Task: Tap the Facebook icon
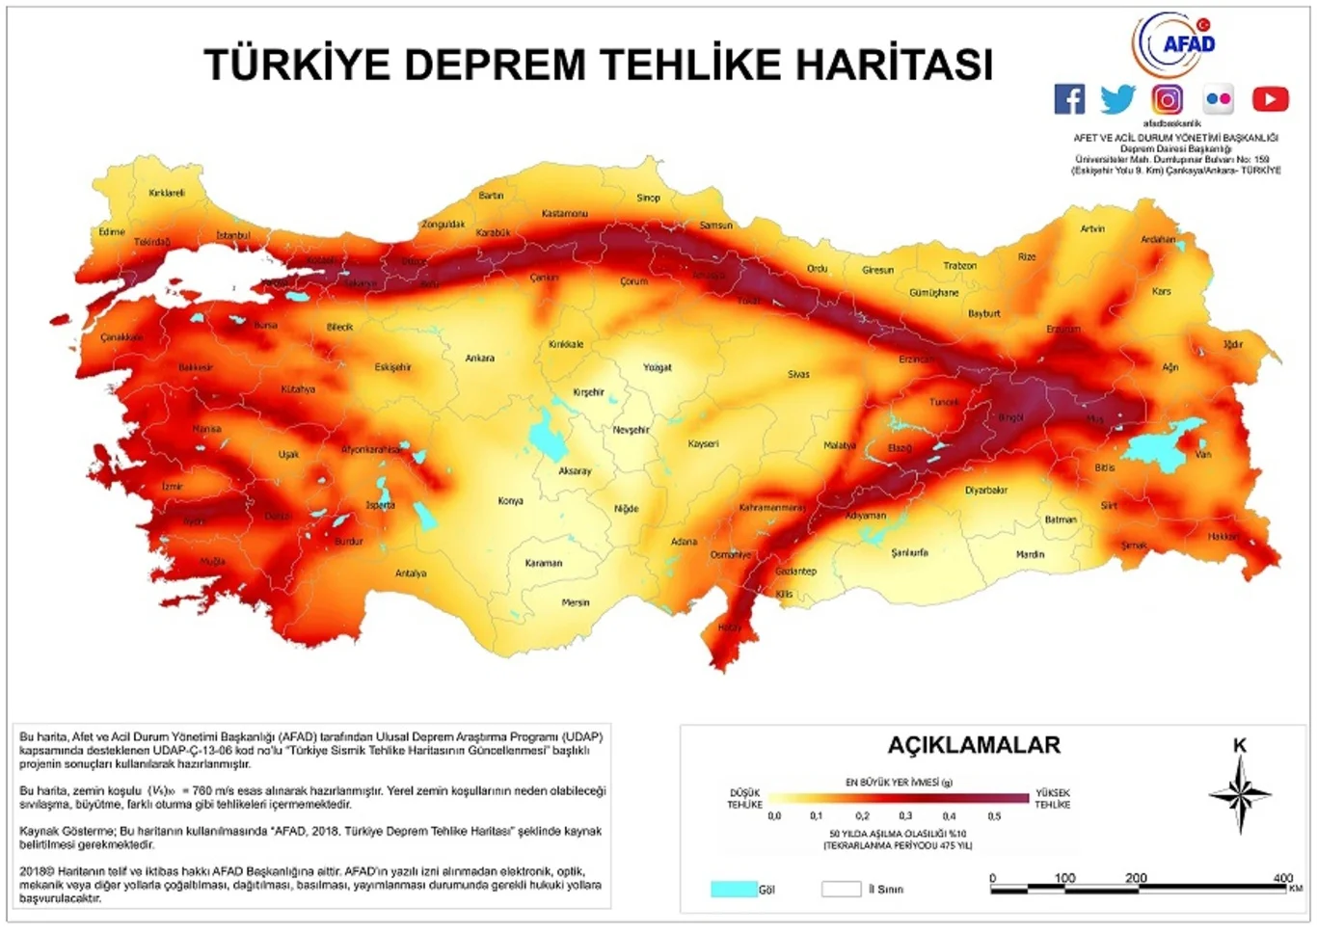1069,98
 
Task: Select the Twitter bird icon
1117,98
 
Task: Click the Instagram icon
1167,99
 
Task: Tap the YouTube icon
1270,98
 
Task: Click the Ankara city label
479,359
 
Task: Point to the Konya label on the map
510,501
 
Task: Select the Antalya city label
411,573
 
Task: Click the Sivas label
798,374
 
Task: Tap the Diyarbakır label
985,491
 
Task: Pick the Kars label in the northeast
1161,291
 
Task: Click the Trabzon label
959,266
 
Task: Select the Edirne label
112,232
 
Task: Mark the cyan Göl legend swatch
733,889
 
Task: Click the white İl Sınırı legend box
841,889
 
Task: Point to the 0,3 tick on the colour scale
905,816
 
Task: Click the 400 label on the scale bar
1282,878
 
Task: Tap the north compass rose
1240,794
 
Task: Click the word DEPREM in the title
495,66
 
